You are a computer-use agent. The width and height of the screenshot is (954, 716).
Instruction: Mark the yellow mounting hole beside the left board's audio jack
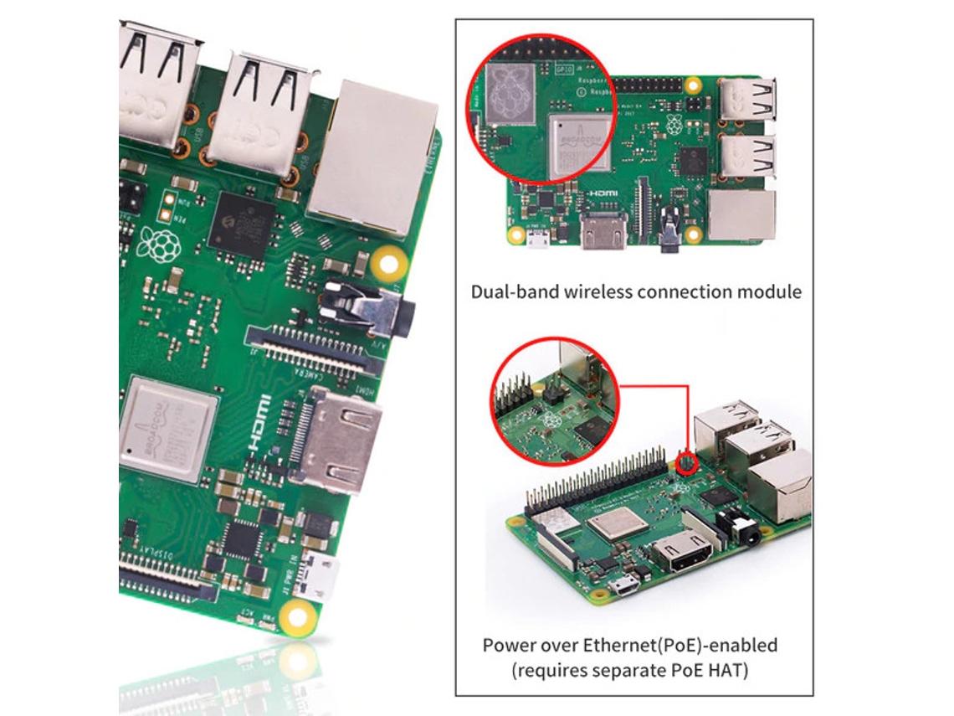(x=387, y=265)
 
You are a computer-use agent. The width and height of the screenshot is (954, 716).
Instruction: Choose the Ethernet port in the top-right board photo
(x=741, y=215)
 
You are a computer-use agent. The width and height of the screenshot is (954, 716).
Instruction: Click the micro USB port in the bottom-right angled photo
(x=622, y=587)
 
